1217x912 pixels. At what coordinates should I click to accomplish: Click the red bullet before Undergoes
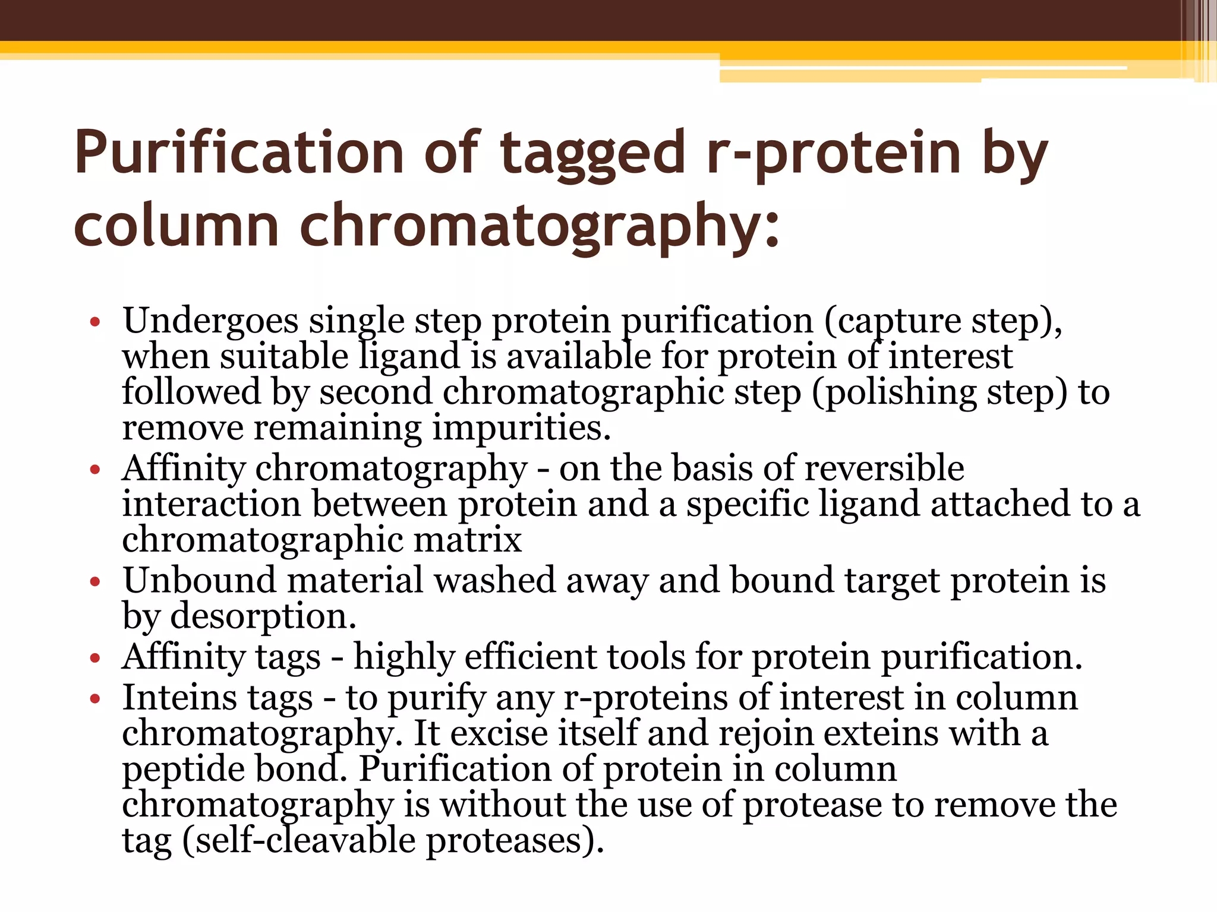point(95,322)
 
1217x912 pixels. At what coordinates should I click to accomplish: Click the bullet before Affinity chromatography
point(95,470)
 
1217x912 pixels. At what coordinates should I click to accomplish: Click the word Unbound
point(200,580)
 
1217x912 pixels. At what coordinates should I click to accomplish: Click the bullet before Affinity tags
point(95,658)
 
